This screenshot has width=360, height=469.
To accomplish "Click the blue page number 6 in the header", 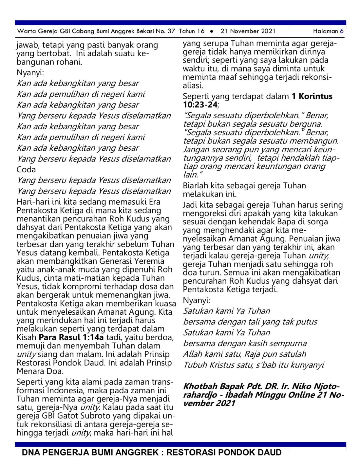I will (342, 31).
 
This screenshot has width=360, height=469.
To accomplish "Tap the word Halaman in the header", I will (325, 31).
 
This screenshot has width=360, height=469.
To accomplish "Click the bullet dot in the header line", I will (211, 31).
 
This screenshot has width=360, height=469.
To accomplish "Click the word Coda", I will (26, 170).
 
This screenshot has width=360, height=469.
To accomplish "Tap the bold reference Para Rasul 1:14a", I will (71, 337).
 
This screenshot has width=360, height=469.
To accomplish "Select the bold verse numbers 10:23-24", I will (200, 105).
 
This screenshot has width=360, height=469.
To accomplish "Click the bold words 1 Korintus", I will (312, 96).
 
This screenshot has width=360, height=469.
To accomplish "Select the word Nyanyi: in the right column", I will (196, 300).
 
